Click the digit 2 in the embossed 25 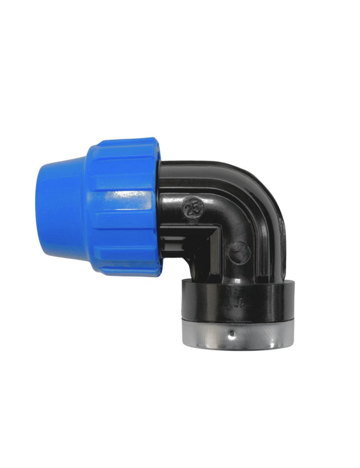tap(189, 209)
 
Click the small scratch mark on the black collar tap(237, 305)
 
